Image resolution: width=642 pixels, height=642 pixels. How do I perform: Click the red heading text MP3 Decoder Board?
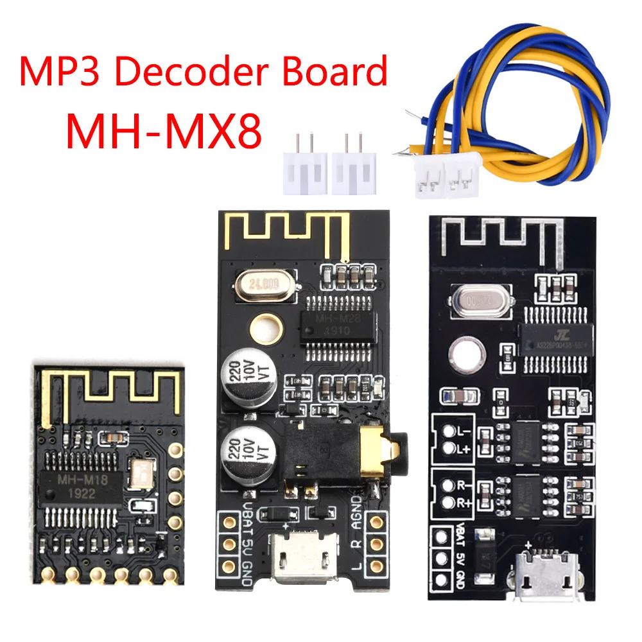coord(203,72)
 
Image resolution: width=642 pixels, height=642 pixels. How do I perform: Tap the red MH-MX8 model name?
coord(164,130)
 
